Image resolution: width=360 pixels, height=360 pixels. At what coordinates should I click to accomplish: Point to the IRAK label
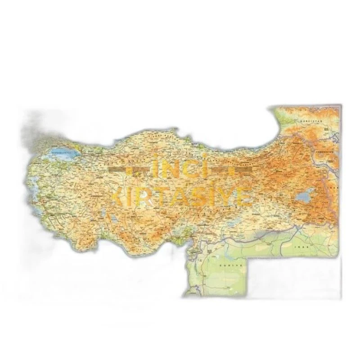(299, 246)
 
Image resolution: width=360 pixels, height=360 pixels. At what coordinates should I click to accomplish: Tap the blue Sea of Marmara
(63, 153)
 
